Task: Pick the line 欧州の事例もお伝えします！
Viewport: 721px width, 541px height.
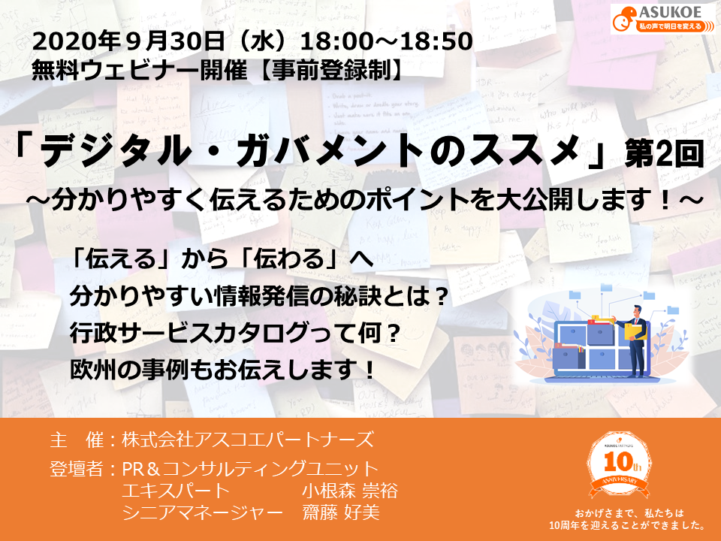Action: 222,369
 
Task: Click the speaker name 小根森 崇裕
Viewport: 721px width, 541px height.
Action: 349,492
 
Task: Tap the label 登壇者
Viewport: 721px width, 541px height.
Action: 76,470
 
